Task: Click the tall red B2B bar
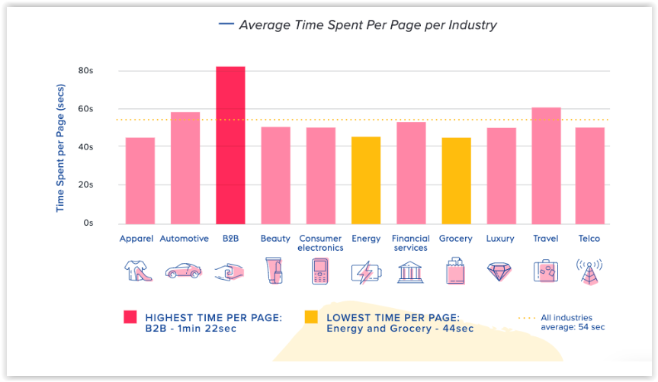pos(230,145)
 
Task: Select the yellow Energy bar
pos(366,181)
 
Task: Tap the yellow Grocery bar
pos(456,181)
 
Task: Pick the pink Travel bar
pos(546,165)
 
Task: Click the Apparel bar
pos(140,181)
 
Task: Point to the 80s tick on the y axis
pos(85,70)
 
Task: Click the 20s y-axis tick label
pos(85,185)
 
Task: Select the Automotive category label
pos(185,239)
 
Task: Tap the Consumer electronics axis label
pos(320,243)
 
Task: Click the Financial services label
pos(411,243)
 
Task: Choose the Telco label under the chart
pos(589,239)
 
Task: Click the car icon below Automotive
pos(184,271)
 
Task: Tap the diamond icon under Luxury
pos(499,271)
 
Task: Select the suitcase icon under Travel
pos(546,271)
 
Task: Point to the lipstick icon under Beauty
pos(274,271)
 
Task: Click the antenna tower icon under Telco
pos(589,271)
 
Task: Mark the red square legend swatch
pos(130,317)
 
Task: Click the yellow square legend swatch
pos(311,317)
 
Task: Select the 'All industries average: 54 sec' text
pos(573,323)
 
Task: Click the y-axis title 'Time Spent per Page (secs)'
pos(60,148)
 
